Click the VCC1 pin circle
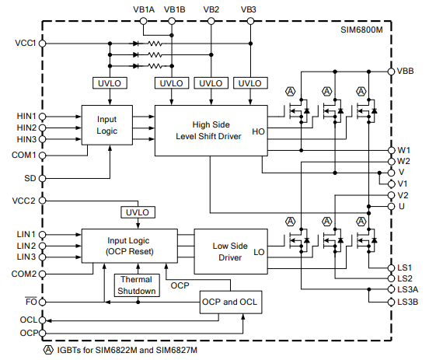(x=43, y=44)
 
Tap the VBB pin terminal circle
(x=391, y=72)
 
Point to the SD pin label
(x=30, y=178)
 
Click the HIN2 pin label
(x=26, y=128)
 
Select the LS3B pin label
(x=408, y=302)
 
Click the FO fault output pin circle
(x=43, y=302)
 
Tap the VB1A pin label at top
(x=144, y=9)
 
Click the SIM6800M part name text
(x=361, y=30)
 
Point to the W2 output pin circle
(x=391, y=162)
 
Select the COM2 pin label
(x=24, y=274)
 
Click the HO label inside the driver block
(x=258, y=131)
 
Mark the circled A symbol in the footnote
(x=48, y=350)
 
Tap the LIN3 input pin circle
(x=43, y=257)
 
